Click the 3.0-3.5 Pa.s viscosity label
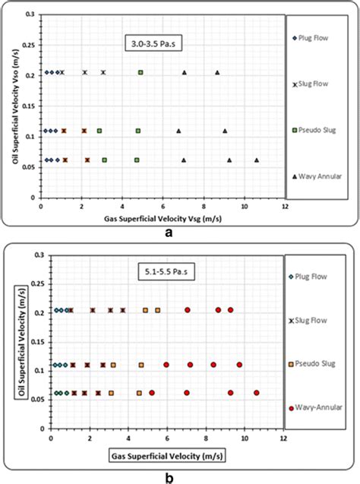pyautogui.click(x=153, y=43)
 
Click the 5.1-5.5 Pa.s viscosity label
pyautogui.click(x=166, y=272)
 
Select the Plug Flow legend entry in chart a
pyautogui.click(x=311, y=38)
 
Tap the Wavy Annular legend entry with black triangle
pyautogui.click(x=317, y=176)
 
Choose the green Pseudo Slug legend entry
pyautogui.click(x=314, y=130)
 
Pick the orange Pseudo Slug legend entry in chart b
pyautogui.click(x=312, y=364)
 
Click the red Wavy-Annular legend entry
pyautogui.click(x=316, y=407)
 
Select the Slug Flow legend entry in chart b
pyautogui.click(x=308, y=321)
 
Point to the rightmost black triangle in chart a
pyautogui.click(x=257, y=160)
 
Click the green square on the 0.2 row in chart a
pyautogui.click(x=141, y=72)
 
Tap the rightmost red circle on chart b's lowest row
pyautogui.click(x=257, y=393)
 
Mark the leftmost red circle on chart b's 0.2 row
pyautogui.click(x=188, y=310)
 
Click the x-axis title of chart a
pyautogui.click(x=163, y=219)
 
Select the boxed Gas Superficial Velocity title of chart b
pyautogui.click(x=167, y=456)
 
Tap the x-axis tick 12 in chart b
pyautogui.click(x=283, y=438)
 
